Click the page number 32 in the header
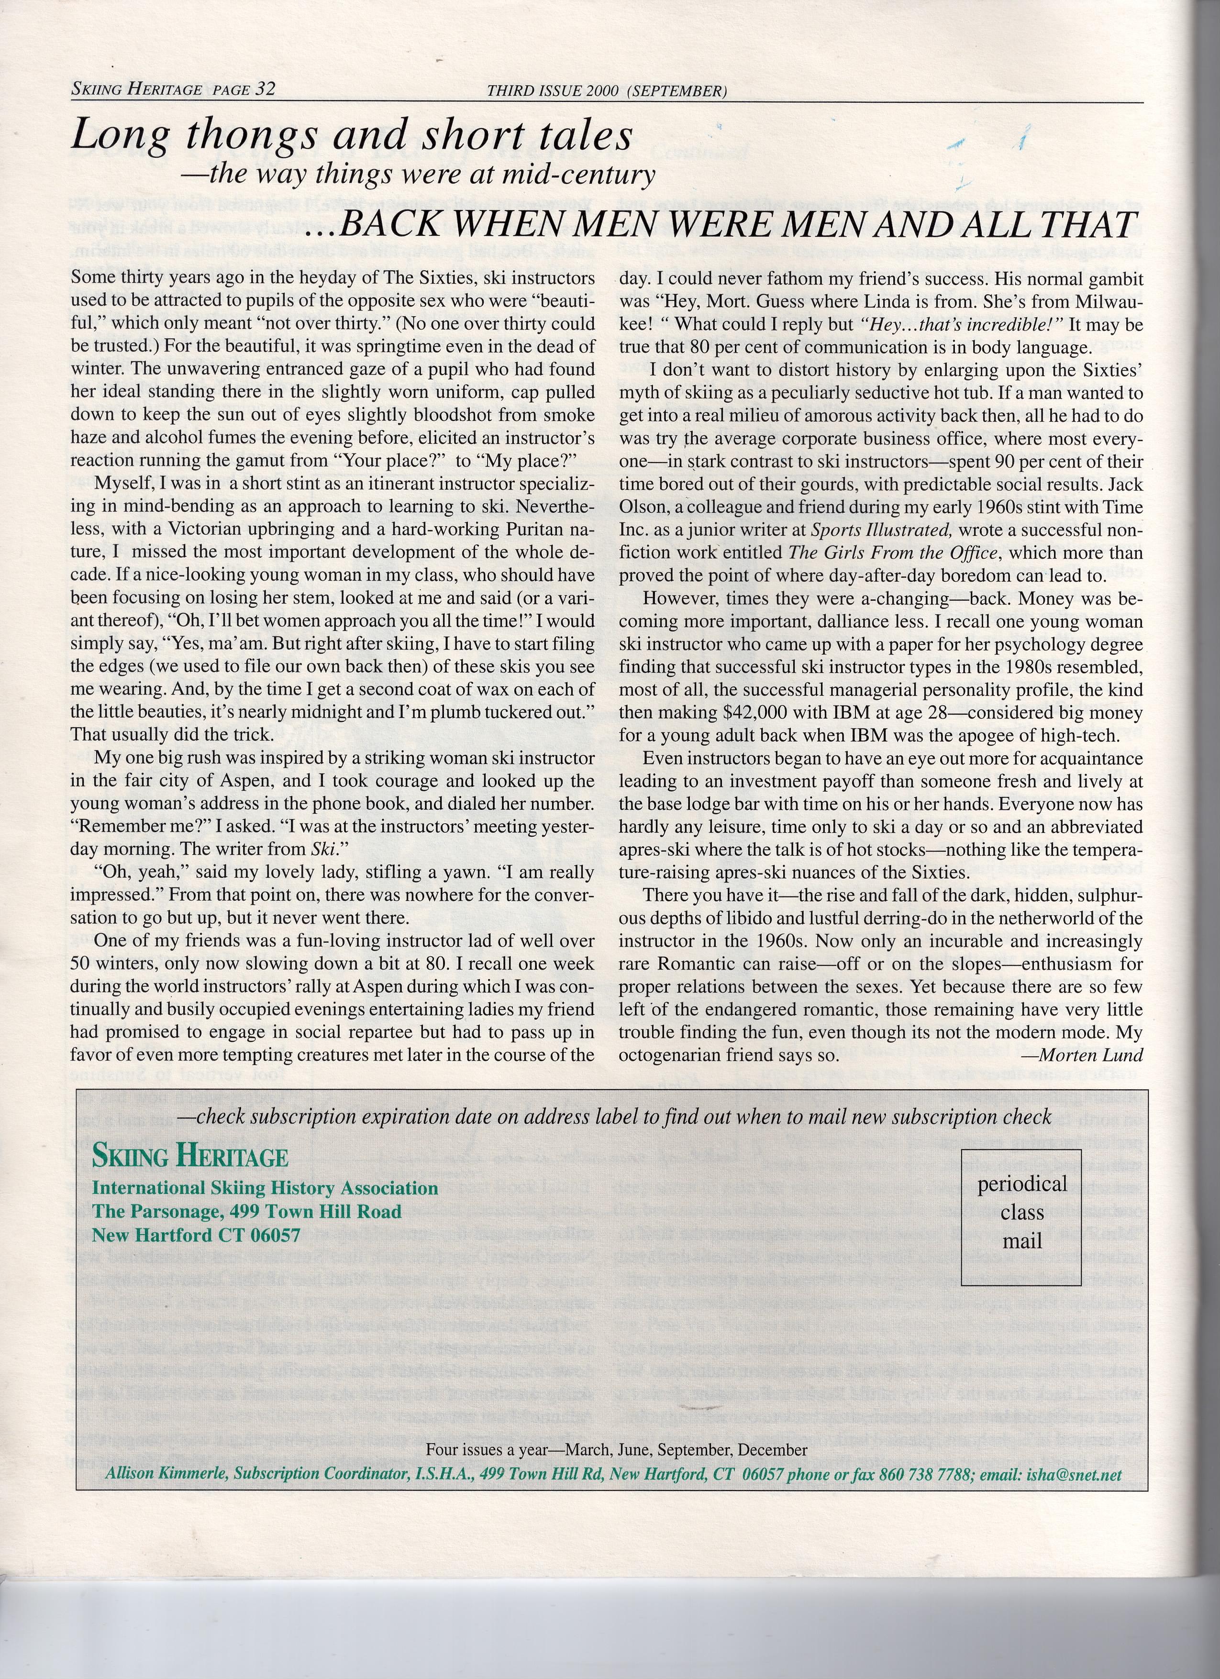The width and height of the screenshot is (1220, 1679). [264, 89]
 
